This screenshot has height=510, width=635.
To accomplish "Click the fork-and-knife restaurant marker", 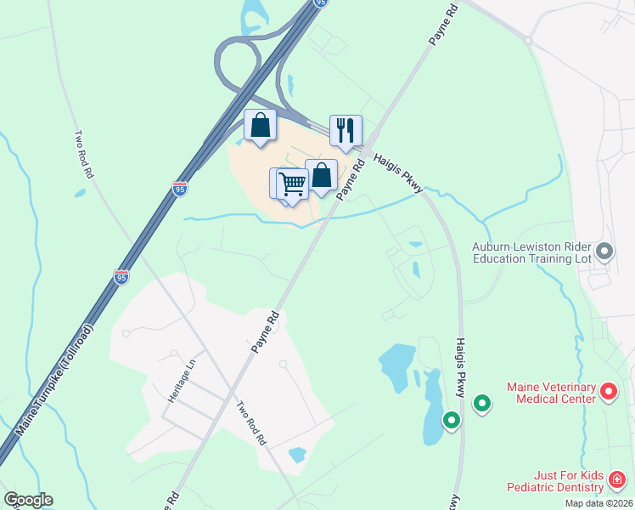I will (x=346, y=130).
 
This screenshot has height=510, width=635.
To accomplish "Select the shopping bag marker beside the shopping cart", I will (x=322, y=175).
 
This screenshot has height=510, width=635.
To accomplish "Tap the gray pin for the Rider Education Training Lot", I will (x=604, y=251).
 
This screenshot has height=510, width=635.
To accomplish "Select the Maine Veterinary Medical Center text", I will (x=552, y=393).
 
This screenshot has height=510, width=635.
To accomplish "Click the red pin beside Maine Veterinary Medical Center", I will (x=609, y=392).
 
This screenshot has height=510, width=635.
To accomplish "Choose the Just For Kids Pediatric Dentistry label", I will (x=555, y=482).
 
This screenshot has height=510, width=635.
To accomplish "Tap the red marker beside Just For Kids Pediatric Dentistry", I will (x=617, y=482).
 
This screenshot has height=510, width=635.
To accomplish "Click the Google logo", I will (x=28, y=500).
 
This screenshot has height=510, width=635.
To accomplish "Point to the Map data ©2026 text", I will (x=598, y=503).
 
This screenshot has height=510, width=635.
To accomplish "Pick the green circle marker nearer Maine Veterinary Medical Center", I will (x=482, y=404).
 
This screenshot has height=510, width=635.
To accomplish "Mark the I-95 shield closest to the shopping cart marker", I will (x=179, y=189).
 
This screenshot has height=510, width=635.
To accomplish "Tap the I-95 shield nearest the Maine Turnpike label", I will (x=121, y=277).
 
